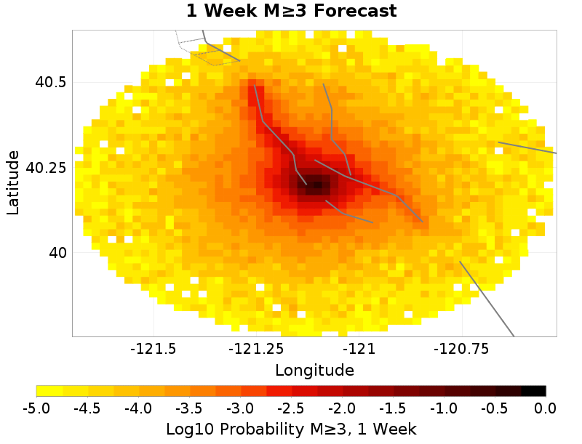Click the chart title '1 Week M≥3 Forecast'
pyautogui.click(x=290, y=12)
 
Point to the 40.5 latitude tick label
pyautogui.click(x=50, y=82)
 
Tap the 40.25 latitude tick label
pyautogui.click(x=46, y=167)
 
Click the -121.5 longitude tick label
pyautogui.click(x=154, y=349)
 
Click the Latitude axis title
pyautogui.click(x=12, y=182)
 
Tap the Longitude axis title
pyautogui.click(x=314, y=370)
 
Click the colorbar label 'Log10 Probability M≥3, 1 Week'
pyautogui.click(x=291, y=429)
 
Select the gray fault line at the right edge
pyautogui.click(x=527, y=148)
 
